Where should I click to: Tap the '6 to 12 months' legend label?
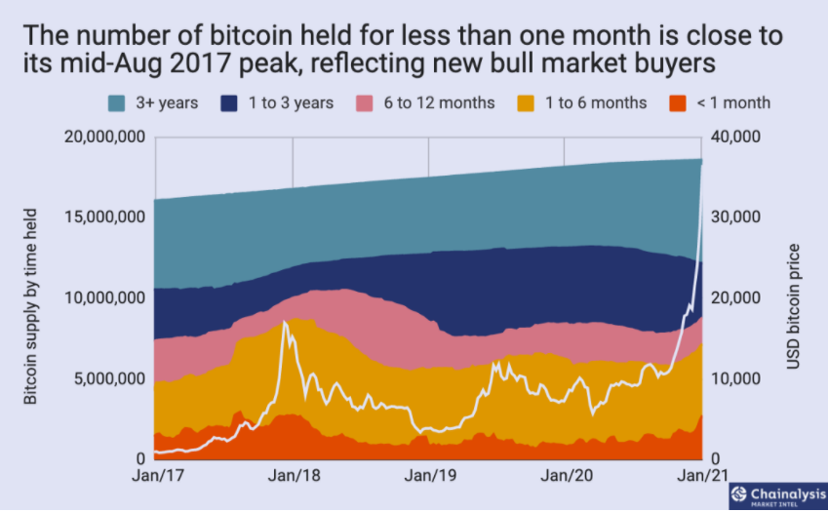(x=438, y=102)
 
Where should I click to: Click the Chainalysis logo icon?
(x=739, y=493)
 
